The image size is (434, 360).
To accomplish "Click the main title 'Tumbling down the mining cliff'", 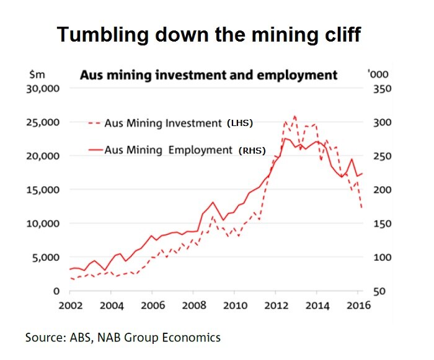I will click(208, 35).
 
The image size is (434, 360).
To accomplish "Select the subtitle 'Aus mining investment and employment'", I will click(208, 75).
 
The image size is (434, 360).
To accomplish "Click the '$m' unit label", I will click(36, 74).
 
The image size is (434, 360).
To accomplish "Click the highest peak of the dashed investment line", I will click(294, 116).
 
